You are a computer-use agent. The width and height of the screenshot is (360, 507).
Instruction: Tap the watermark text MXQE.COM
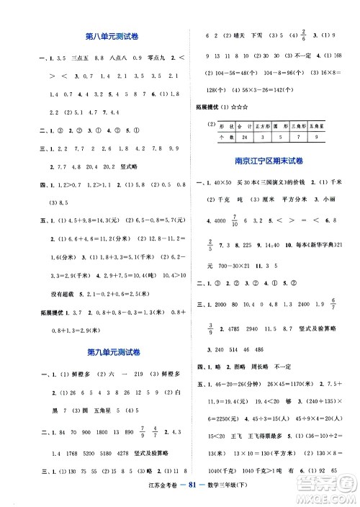331,497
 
